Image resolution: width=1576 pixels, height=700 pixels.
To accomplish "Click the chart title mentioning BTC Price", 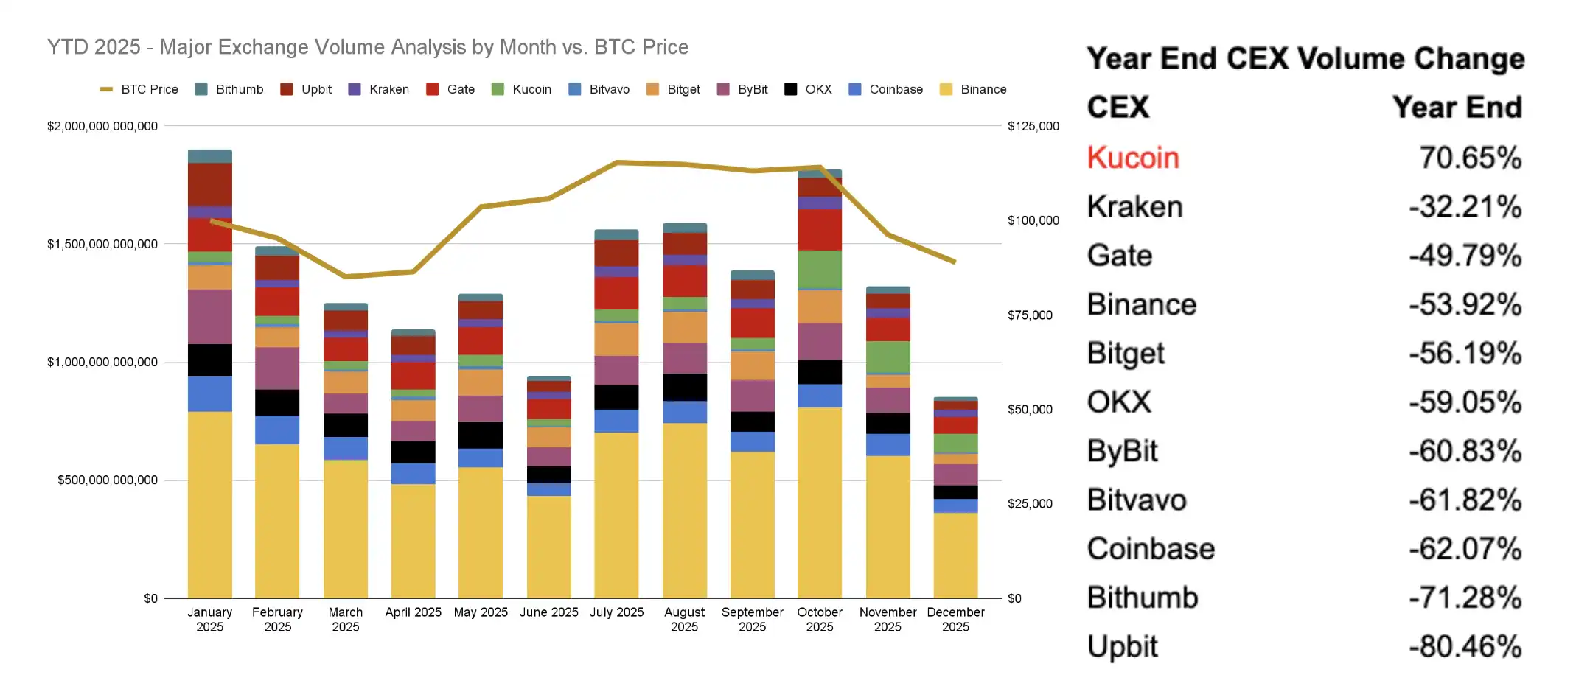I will (367, 47).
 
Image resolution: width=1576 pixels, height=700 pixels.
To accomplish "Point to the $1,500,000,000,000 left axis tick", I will (102, 244).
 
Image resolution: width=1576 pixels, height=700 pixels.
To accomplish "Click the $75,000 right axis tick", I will (1030, 315).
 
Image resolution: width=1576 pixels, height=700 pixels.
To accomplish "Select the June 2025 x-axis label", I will (548, 612).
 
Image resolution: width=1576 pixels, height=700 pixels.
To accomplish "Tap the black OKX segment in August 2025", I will (684, 387).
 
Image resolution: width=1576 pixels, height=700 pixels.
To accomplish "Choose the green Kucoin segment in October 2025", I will (820, 269).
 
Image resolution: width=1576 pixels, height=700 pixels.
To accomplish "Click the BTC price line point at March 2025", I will (346, 276).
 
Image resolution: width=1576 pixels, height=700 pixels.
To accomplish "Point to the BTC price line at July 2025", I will (617, 162).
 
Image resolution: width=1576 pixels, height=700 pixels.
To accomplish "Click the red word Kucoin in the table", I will (1133, 158).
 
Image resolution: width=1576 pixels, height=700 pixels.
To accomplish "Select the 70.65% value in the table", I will (1470, 158).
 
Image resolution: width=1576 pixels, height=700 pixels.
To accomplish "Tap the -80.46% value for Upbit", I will (1465, 646).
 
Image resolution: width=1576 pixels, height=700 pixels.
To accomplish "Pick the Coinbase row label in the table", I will (1151, 549).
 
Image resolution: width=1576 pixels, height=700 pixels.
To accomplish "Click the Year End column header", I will (1457, 108).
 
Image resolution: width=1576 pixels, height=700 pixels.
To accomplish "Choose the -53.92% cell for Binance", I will (1465, 304).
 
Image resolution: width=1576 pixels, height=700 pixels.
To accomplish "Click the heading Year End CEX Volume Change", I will (1305, 59).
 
